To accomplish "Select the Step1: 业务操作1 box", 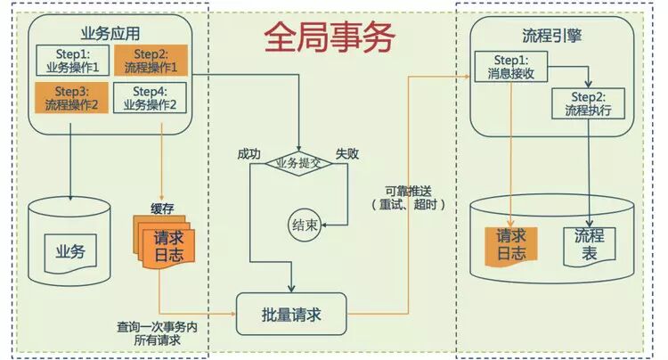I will click(72, 61).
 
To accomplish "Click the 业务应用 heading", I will click(105, 34).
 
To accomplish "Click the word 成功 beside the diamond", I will click(249, 152).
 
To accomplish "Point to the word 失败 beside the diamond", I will click(346, 152).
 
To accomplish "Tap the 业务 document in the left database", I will click(70, 250).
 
